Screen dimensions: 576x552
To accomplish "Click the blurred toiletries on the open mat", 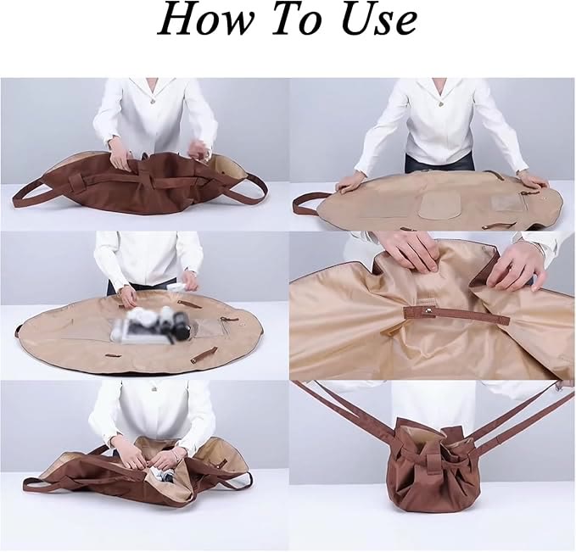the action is [151, 324].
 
